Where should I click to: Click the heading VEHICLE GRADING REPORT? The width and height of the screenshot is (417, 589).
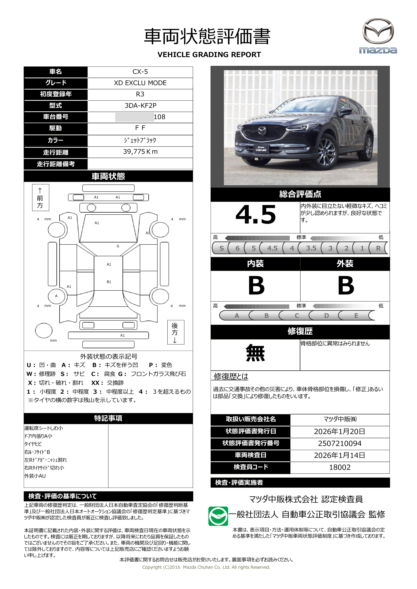[x=209, y=55]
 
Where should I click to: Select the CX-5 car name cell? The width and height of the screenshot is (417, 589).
[x=140, y=72]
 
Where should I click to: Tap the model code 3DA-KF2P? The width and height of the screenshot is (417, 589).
[x=140, y=105]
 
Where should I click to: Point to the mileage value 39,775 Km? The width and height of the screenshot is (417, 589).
[x=140, y=152]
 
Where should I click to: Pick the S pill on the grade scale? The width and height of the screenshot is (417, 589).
[x=221, y=248]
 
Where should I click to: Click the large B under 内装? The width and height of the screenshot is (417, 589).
[x=256, y=286]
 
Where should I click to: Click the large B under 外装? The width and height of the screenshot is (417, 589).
[x=346, y=286]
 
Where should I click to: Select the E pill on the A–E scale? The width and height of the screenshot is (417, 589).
[x=356, y=315]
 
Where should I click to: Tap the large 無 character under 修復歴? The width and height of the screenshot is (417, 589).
[x=255, y=353]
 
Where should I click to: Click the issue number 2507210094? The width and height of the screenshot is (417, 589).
[x=340, y=443]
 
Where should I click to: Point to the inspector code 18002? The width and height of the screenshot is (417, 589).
[x=340, y=467]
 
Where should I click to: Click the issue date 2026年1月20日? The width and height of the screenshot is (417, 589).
[x=340, y=431]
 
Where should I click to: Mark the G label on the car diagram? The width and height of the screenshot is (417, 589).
[x=118, y=246]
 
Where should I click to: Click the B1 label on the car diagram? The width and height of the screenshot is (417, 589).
[x=109, y=282]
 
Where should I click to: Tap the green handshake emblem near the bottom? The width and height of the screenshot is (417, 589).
[x=218, y=516]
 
